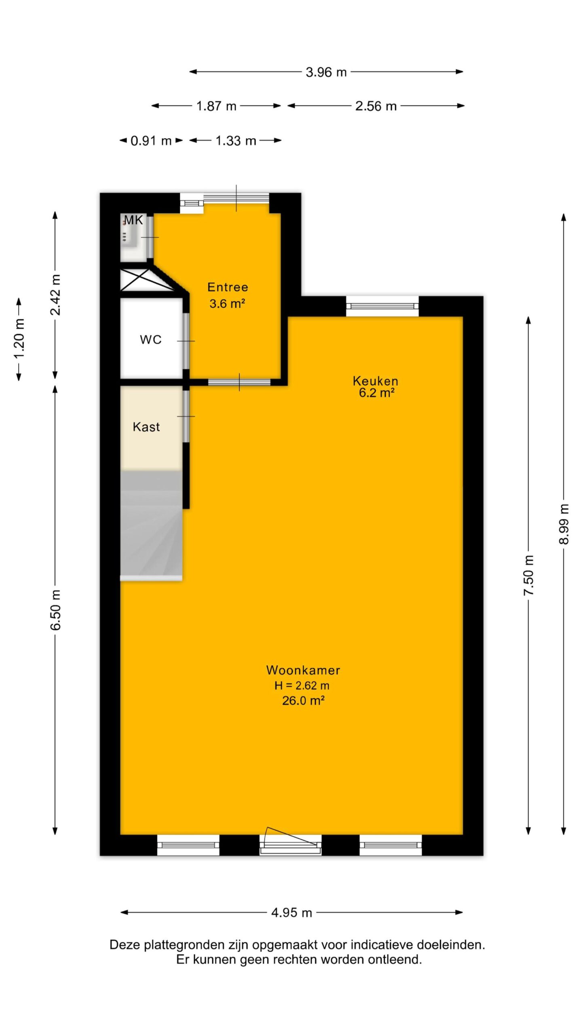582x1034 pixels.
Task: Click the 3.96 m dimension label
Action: pos(326,72)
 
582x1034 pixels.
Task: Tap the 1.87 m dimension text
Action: pos(216,106)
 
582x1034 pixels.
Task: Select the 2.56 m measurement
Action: pos(376,106)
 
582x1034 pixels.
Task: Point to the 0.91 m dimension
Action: pos(151,141)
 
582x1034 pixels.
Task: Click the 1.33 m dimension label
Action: pos(236,141)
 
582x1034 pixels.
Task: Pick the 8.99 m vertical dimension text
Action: pos(564,524)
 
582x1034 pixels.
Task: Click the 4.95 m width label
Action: pos(292,913)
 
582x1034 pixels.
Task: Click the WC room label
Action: pos(151,340)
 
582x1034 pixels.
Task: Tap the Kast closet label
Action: pos(146,427)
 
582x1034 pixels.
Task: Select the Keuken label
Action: pos(375,380)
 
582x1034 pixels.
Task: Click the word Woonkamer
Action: pos(303,670)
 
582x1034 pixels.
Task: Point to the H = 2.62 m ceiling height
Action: pos(302,685)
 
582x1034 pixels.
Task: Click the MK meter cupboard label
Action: pos(133,220)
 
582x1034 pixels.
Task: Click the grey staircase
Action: pos(151,525)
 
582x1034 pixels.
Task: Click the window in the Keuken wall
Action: pos(382,307)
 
